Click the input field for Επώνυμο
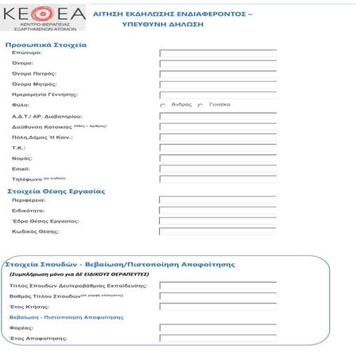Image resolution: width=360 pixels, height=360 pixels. (218, 53)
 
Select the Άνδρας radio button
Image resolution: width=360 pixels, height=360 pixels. (163, 105)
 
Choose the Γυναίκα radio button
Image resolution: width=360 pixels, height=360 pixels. (200, 105)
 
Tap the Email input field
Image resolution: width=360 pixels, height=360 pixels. (218, 168)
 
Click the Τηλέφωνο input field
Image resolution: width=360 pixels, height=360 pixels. (218, 180)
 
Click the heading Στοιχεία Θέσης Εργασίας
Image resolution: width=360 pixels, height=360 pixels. (56, 192)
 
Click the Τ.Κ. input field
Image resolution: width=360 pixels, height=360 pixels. (218, 148)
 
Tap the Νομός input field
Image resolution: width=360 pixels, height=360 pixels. (218, 158)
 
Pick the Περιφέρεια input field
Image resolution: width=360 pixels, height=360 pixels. (218, 200)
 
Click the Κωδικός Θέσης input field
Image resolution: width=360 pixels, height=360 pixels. (218, 231)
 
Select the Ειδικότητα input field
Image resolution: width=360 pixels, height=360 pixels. (218, 211)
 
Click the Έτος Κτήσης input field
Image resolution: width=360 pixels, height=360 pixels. (218, 306)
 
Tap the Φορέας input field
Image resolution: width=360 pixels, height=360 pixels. (218, 327)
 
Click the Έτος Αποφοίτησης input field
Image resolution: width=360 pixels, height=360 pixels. (218, 339)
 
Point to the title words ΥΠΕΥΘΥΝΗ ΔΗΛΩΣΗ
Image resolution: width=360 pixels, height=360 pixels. (163, 25)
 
